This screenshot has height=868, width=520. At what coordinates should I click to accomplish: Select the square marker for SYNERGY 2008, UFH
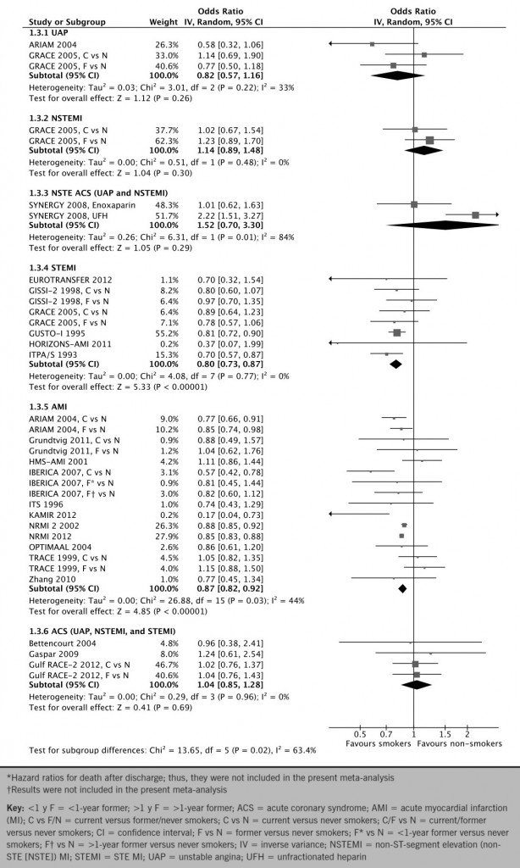(475, 215)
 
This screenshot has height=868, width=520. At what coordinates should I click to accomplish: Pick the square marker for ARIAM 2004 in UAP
(372, 43)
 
